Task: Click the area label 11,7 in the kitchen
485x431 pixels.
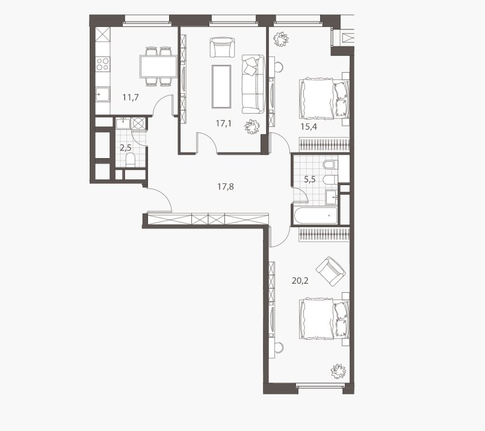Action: pos(131,97)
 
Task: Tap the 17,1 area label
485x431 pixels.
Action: pos(224,124)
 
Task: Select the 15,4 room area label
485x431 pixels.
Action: pos(309,127)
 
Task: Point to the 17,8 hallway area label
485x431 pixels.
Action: pos(226,186)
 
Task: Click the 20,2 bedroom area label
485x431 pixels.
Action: pos(300,281)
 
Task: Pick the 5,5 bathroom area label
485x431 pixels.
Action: pos(310,180)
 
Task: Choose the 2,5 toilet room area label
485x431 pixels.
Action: pos(126,148)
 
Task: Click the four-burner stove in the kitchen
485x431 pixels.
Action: pos(103,64)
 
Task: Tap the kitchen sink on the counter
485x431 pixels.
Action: pos(103,94)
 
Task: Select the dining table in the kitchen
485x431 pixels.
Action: pos(159,67)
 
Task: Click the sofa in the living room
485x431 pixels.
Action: pos(253,84)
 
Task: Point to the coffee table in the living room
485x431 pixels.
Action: pos(221,87)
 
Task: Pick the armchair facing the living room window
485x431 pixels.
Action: pos(222,47)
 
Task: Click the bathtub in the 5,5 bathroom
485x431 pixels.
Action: pos(315,215)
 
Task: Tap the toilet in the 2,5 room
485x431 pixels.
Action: pos(131,160)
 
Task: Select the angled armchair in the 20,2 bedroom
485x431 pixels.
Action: pos(330,271)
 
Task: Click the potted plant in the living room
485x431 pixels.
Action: pos(252,127)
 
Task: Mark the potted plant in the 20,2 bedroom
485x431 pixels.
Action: pos(338,371)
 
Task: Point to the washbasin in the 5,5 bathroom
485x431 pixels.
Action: pos(332,197)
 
